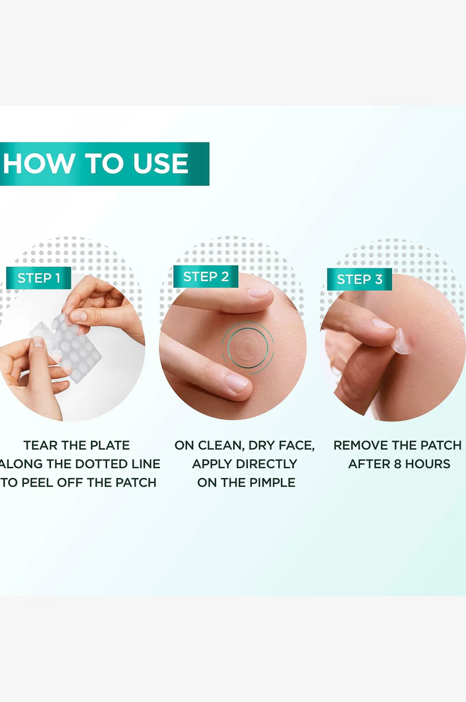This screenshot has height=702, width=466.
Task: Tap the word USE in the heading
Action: [161, 163]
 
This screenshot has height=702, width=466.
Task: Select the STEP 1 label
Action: [39, 278]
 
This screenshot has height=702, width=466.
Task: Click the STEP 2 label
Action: [206, 277]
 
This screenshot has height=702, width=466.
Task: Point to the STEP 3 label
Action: [359, 279]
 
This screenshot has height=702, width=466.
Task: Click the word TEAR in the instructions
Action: [41, 445]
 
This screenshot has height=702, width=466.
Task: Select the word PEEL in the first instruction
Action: [37, 482]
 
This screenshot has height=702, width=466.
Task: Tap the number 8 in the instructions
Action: [397, 464]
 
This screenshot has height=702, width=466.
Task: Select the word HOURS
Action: [428, 464]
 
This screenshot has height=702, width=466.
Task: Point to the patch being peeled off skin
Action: [402, 341]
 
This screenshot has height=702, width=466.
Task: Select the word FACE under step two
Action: [297, 445]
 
